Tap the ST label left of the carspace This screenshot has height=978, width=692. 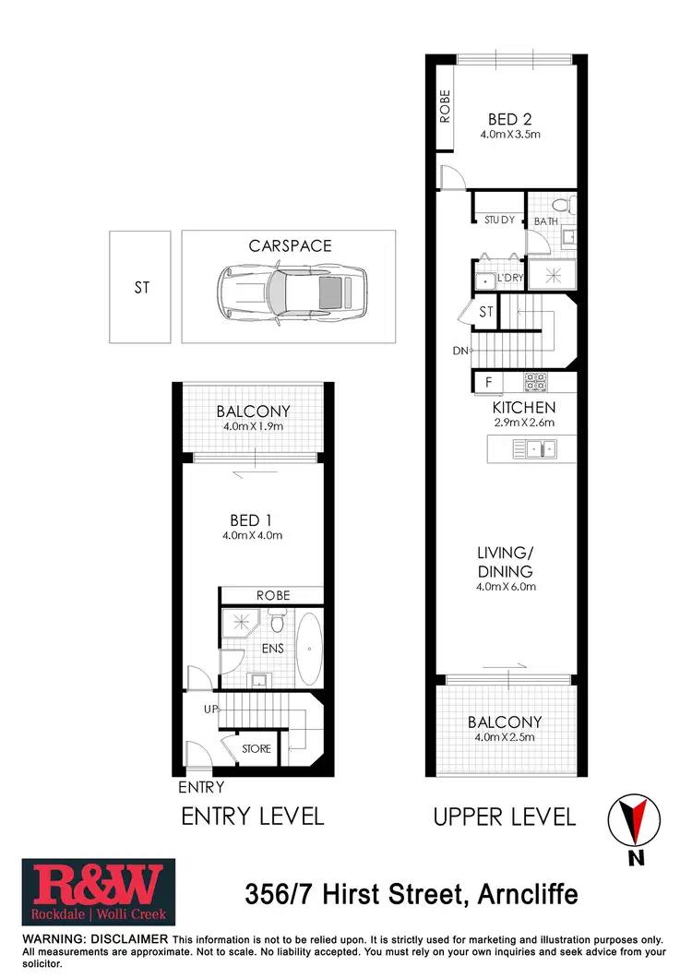(x=141, y=288)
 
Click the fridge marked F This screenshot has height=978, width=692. (x=488, y=380)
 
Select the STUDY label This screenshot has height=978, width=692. (x=499, y=221)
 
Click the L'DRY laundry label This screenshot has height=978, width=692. (x=510, y=278)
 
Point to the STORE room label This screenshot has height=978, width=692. (x=257, y=748)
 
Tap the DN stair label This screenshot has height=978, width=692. (x=460, y=351)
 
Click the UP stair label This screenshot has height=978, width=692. (x=211, y=709)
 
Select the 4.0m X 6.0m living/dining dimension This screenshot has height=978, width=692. (x=505, y=587)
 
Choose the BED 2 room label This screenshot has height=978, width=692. (x=509, y=118)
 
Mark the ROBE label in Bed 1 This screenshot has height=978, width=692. (x=273, y=595)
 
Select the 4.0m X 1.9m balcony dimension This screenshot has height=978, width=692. (x=253, y=426)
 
